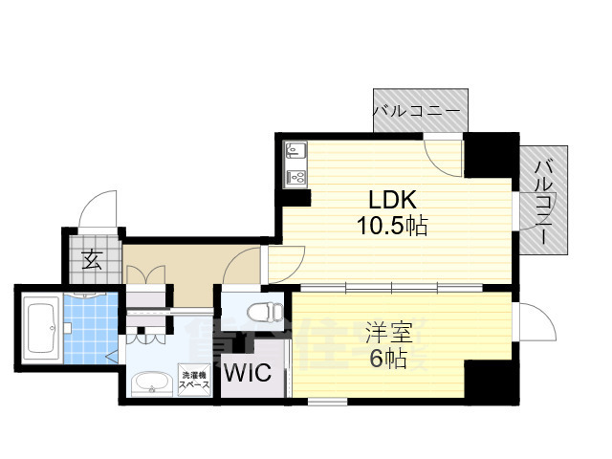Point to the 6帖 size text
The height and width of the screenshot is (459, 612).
tap(386, 359)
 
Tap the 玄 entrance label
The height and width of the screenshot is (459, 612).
tap(92, 259)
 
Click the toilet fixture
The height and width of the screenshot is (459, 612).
tap(261, 311)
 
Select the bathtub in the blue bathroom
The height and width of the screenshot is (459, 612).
tap(40, 329)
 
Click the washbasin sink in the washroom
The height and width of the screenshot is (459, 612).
tap(149, 382)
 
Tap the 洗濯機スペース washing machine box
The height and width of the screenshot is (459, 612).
tap(194, 379)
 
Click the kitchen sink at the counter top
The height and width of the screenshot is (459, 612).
tap(295, 151)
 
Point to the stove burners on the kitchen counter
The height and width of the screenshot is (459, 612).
tap(295, 177)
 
